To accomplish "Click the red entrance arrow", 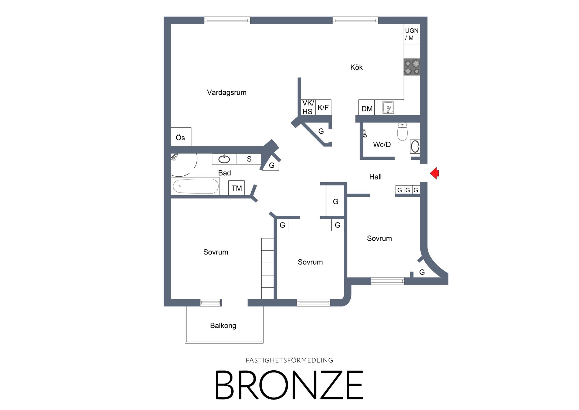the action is (435, 173).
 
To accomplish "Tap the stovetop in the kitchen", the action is (412, 67).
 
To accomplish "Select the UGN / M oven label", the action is (412, 34).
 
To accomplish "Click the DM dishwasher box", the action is (367, 107).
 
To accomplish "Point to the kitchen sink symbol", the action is (388, 107).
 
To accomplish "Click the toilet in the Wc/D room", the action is (402, 131).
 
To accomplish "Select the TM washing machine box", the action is (237, 188).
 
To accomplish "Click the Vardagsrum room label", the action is (227, 93).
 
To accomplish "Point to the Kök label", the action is (357, 67).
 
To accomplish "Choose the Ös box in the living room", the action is (181, 137).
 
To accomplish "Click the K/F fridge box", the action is (323, 107).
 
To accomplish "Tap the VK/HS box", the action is (308, 107).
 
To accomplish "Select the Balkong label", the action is (223, 326).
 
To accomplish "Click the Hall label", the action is (375, 177).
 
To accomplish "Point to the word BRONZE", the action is (289, 385).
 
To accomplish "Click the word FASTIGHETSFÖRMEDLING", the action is (289, 360).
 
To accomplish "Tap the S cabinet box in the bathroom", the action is (249, 159).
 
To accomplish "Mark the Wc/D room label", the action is (382, 145).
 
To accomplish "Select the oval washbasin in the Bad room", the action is (224, 159).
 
